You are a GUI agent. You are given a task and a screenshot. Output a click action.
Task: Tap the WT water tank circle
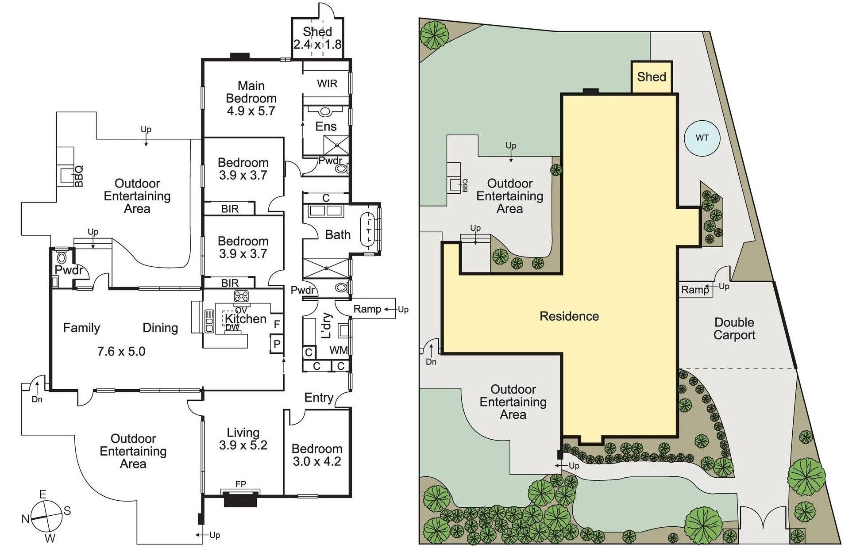coord(702,138)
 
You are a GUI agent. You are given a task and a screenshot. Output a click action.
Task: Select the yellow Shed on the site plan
coord(652,77)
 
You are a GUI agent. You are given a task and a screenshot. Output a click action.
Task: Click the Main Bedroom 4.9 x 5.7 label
coord(251,98)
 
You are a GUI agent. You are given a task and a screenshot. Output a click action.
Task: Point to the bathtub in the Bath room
coord(368,230)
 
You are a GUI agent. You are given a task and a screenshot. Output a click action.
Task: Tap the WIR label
coord(327,84)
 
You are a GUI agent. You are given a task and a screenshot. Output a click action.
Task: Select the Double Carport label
coord(734,329)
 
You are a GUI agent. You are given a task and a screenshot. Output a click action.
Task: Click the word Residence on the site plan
coord(569,316)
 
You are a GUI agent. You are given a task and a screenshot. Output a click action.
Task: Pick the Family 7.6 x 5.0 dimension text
coord(121,352)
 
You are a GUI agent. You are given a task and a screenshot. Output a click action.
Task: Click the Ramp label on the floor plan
coord(367,309)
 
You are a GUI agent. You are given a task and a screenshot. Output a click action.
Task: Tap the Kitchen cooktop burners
coord(241,296)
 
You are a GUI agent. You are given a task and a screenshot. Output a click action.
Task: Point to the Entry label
coord(319,398)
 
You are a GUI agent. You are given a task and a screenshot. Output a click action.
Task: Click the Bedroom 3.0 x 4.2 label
coord(317,455)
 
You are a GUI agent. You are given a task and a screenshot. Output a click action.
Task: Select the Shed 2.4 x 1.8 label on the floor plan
coord(317,38)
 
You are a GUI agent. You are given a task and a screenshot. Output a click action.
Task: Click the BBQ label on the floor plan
coord(79,176)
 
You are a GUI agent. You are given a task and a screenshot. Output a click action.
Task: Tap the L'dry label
coord(326,326)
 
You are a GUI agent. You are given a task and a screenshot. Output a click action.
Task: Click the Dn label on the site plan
coord(431,362)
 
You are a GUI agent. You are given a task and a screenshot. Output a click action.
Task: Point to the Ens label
coord(326,126)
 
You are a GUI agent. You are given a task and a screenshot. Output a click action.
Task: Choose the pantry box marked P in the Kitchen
coord(277,344)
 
